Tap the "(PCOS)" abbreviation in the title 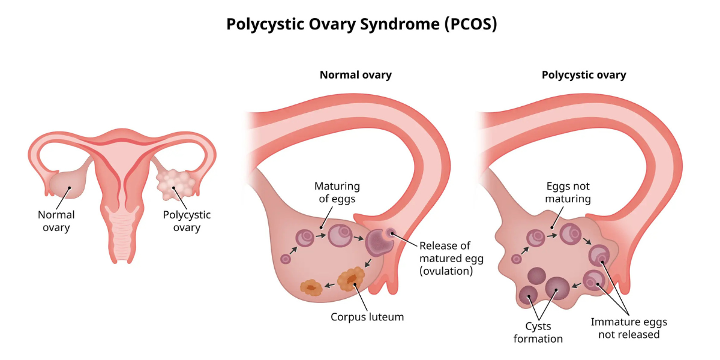(x=471, y=24)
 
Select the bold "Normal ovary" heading (x=355, y=75)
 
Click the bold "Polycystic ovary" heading (x=584, y=75)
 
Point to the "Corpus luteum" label (x=367, y=317)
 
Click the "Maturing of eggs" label (x=337, y=192)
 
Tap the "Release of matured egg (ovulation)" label (x=451, y=258)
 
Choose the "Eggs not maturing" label (x=568, y=192)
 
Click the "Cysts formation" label (x=538, y=332)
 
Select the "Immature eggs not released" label (x=629, y=328)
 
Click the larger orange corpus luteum (x=352, y=278)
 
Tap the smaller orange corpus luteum (x=311, y=287)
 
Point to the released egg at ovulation (x=391, y=232)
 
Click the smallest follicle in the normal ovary (x=286, y=259)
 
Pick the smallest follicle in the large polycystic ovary (x=516, y=259)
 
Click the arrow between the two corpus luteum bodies (x=329, y=285)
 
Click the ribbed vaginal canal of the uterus (x=122, y=234)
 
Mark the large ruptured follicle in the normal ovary (x=379, y=242)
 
